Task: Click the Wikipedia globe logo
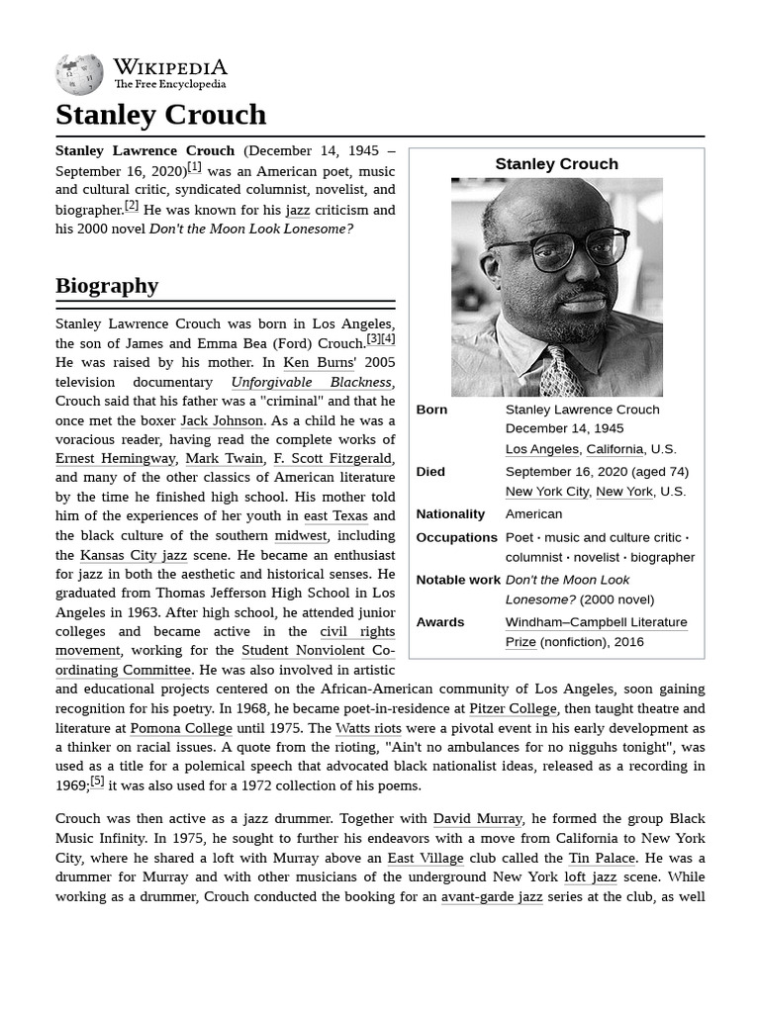79,74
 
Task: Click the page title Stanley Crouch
160,115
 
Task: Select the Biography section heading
107,286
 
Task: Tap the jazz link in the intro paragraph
297,210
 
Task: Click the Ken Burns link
311,362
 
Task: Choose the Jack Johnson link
222,420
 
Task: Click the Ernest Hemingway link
116,459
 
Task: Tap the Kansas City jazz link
134,555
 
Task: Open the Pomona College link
181,728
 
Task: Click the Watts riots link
368,728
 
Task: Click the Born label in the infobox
431,410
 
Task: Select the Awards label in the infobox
440,622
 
